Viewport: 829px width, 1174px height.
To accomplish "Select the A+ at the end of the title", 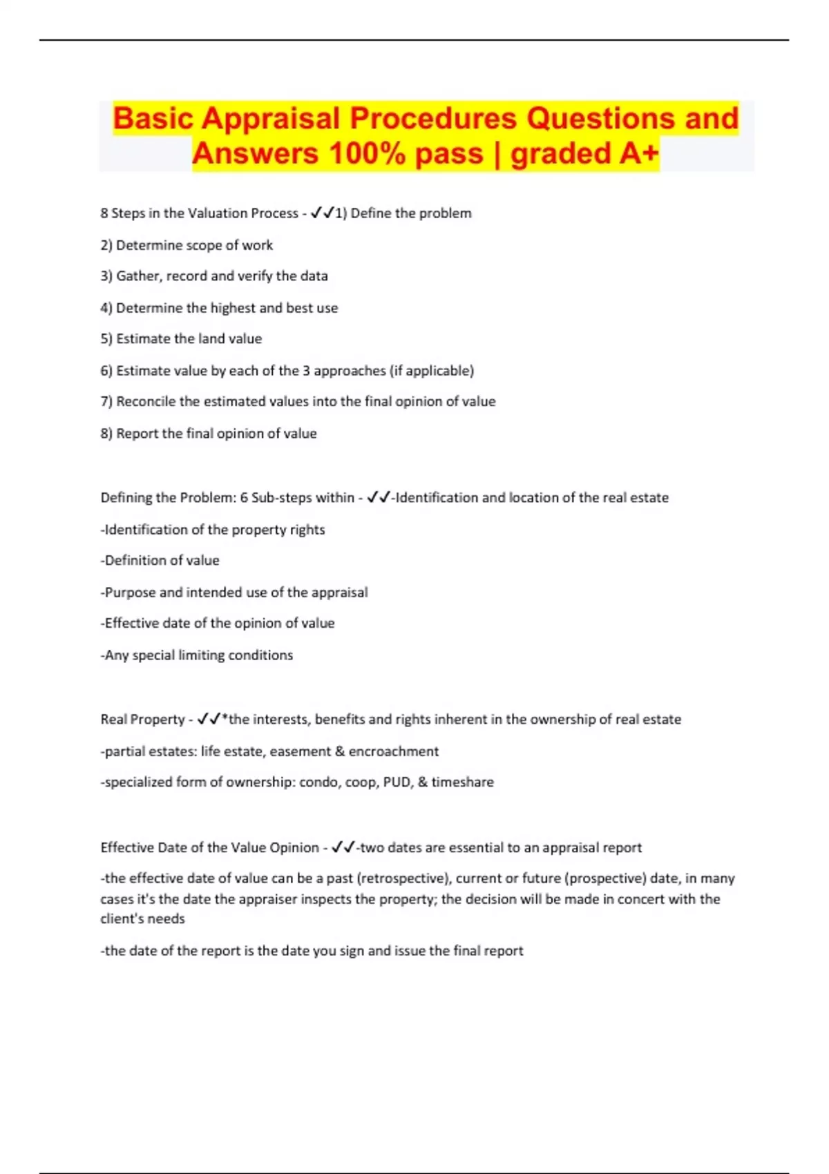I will click(x=638, y=153).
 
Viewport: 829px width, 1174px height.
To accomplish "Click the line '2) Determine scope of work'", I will click(x=187, y=245).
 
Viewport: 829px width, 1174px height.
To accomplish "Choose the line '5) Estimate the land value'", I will click(x=181, y=339).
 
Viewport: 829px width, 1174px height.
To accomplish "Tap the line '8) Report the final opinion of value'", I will click(x=209, y=434).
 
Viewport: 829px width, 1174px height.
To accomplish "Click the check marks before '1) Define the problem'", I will click(x=323, y=213).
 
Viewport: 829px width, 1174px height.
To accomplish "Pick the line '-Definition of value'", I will click(x=160, y=561).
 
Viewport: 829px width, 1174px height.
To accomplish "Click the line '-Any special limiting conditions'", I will click(x=197, y=655).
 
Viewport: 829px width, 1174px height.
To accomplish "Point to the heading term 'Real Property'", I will click(x=142, y=720).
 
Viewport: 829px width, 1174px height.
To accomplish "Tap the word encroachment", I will click(x=394, y=751).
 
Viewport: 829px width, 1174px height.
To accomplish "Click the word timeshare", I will click(x=463, y=782).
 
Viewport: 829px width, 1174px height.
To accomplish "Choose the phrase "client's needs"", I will click(x=142, y=919).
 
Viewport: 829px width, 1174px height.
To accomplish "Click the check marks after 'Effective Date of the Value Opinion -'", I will click(x=343, y=847).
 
